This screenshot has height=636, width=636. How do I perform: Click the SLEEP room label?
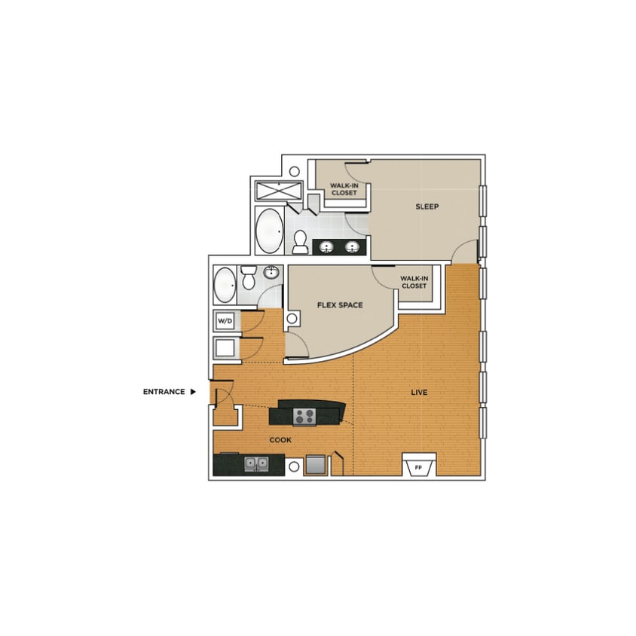click(427, 206)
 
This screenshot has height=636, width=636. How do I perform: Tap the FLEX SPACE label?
click(339, 305)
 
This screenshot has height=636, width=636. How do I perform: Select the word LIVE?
click(419, 393)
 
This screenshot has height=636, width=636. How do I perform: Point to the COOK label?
click(280, 440)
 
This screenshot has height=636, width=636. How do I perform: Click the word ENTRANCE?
click(164, 392)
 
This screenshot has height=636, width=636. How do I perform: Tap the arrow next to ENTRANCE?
click(193, 392)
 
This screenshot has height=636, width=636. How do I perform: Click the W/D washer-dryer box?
click(225, 321)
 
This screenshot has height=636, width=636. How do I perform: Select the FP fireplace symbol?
click(417, 467)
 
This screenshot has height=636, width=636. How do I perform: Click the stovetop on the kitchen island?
click(304, 414)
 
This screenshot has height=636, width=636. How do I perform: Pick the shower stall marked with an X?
click(278, 191)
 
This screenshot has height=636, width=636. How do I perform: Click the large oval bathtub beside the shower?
click(268, 231)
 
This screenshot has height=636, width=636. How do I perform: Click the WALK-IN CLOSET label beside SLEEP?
click(344, 188)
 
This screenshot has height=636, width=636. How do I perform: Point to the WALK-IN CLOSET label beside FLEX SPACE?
click(414, 282)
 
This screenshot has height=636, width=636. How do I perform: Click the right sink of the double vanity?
click(352, 247)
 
